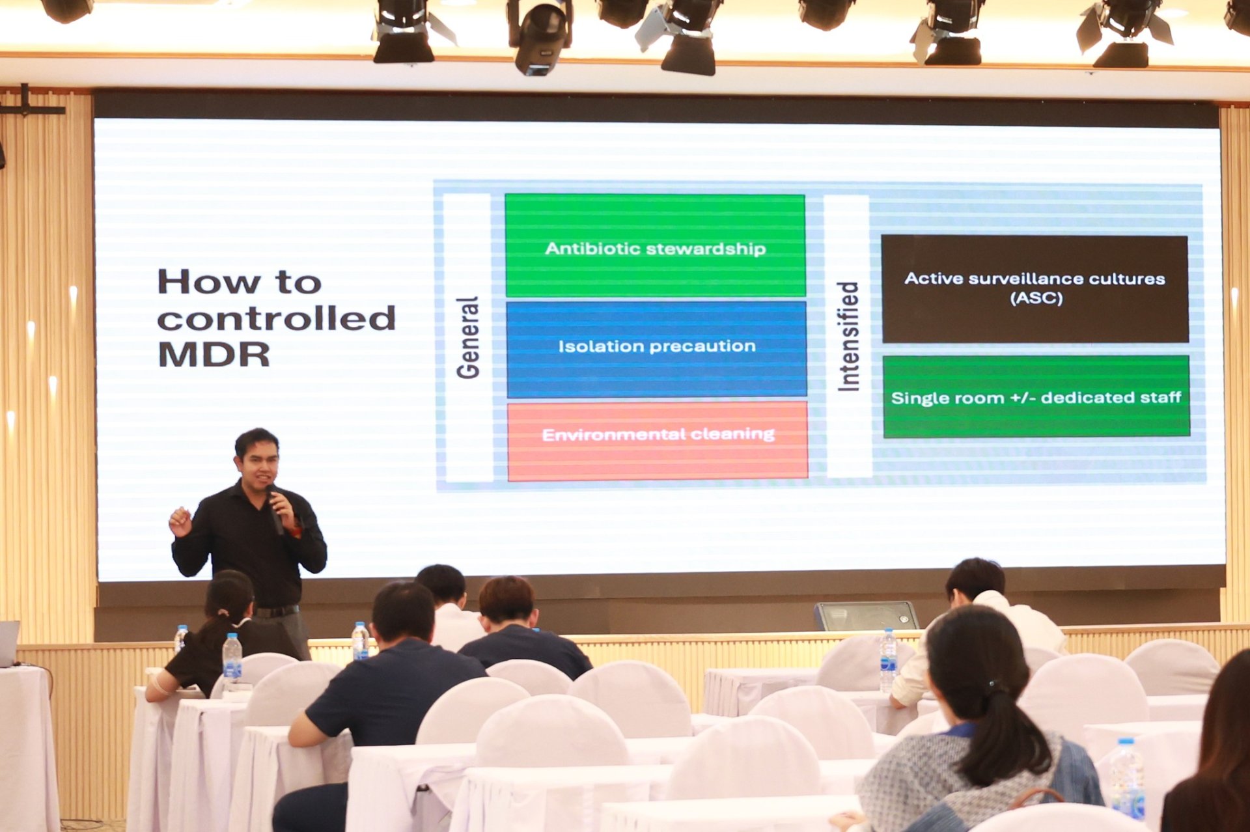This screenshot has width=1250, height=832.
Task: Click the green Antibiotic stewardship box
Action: pyautogui.click(x=655, y=245)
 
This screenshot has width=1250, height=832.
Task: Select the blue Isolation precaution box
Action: pyautogui.click(x=656, y=349)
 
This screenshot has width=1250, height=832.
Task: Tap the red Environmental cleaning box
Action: pyautogui.click(x=658, y=441)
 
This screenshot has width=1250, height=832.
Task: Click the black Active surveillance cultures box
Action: pyautogui.click(x=1035, y=288)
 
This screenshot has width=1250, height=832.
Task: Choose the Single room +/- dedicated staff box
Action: pyautogui.click(x=1036, y=396)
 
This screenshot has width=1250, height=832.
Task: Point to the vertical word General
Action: pyautogui.click(x=468, y=337)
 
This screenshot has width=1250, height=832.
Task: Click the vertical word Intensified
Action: pyautogui.click(x=848, y=336)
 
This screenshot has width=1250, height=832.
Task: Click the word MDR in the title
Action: pyautogui.click(x=214, y=355)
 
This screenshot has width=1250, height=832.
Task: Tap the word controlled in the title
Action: pyautogui.click(x=276, y=318)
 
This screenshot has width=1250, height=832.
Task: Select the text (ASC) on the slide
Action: pyautogui.click(x=1036, y=298)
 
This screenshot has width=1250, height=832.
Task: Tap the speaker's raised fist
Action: pyautogui.click(x=180, y=521)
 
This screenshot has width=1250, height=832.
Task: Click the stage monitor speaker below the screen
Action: pyautogui.click(x=867, y=616)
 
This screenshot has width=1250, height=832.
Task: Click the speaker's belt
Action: pyautogui.click(x=276, y=611)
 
